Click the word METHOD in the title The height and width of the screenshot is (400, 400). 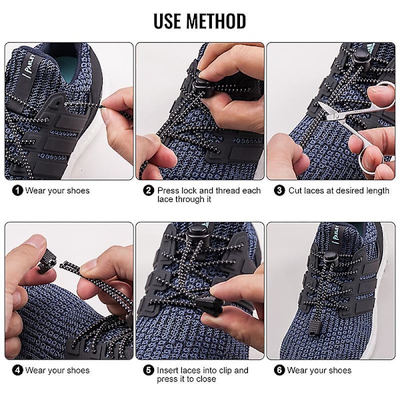pyautogui.click(x=216, y=21)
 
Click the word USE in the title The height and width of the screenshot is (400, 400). pyautogui.click(x=168, y=21)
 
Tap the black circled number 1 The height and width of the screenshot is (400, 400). pyautogui.click(x=17, y=191)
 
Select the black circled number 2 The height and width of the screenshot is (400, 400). pyautogui.click(x=149, y=191)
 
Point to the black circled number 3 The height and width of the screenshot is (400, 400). pyautogui.click(x=279, y=191)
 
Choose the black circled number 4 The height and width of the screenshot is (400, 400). pyautogui.click(x=17, y=371)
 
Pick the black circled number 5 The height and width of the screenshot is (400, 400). pyautogui.click(x=149, y=371)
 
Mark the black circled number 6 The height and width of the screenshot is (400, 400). pyautogui.click(x=279, y=371)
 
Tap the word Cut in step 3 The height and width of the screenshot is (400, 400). pyautogui.click(x=295, y=191)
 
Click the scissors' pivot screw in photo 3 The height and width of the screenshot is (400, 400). pyautogui.click(x=336, y=116)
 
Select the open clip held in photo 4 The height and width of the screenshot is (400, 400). pyautogui.click(x=47, y=261)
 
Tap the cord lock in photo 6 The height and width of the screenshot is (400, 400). pyautogui.click(x=330, y=260)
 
